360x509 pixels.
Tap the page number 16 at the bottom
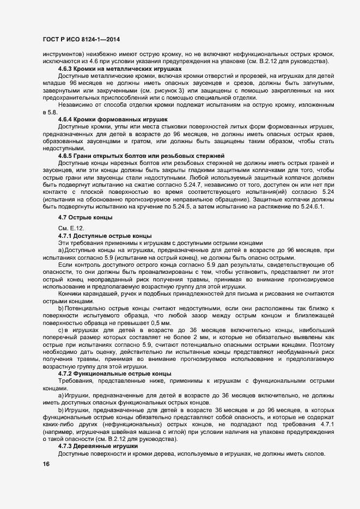click(x=46, y=464)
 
